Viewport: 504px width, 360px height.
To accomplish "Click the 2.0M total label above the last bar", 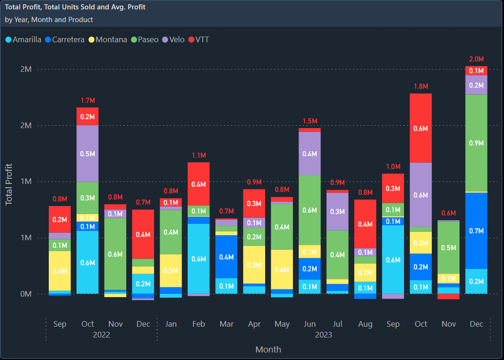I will (x=476, y=59).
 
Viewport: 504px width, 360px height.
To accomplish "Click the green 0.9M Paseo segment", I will (x=476, y=143).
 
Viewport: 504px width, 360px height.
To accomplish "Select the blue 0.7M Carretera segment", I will (x=476, y=230).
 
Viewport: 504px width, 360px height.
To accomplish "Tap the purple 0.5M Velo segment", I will (x=88, y=153).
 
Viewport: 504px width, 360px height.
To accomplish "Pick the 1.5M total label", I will (x=310, y=121).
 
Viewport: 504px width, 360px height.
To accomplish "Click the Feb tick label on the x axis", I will (x=199, y=324).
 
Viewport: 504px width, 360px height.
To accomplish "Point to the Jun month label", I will (x=310, y=324).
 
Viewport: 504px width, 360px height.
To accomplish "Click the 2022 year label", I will (x=101, y=335).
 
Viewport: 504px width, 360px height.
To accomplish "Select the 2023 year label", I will (x=323, y=335).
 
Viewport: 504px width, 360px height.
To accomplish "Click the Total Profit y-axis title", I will (x=9, y=184).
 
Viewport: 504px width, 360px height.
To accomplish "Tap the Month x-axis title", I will (x=268, y=349).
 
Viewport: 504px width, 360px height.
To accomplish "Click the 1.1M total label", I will (x=199, y=155).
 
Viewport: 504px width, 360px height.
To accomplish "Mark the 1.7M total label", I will (x=88, y=100).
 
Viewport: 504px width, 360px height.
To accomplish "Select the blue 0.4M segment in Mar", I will (x=227, y=257).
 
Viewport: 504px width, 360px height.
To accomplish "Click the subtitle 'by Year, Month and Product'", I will (x=49, y=20).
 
